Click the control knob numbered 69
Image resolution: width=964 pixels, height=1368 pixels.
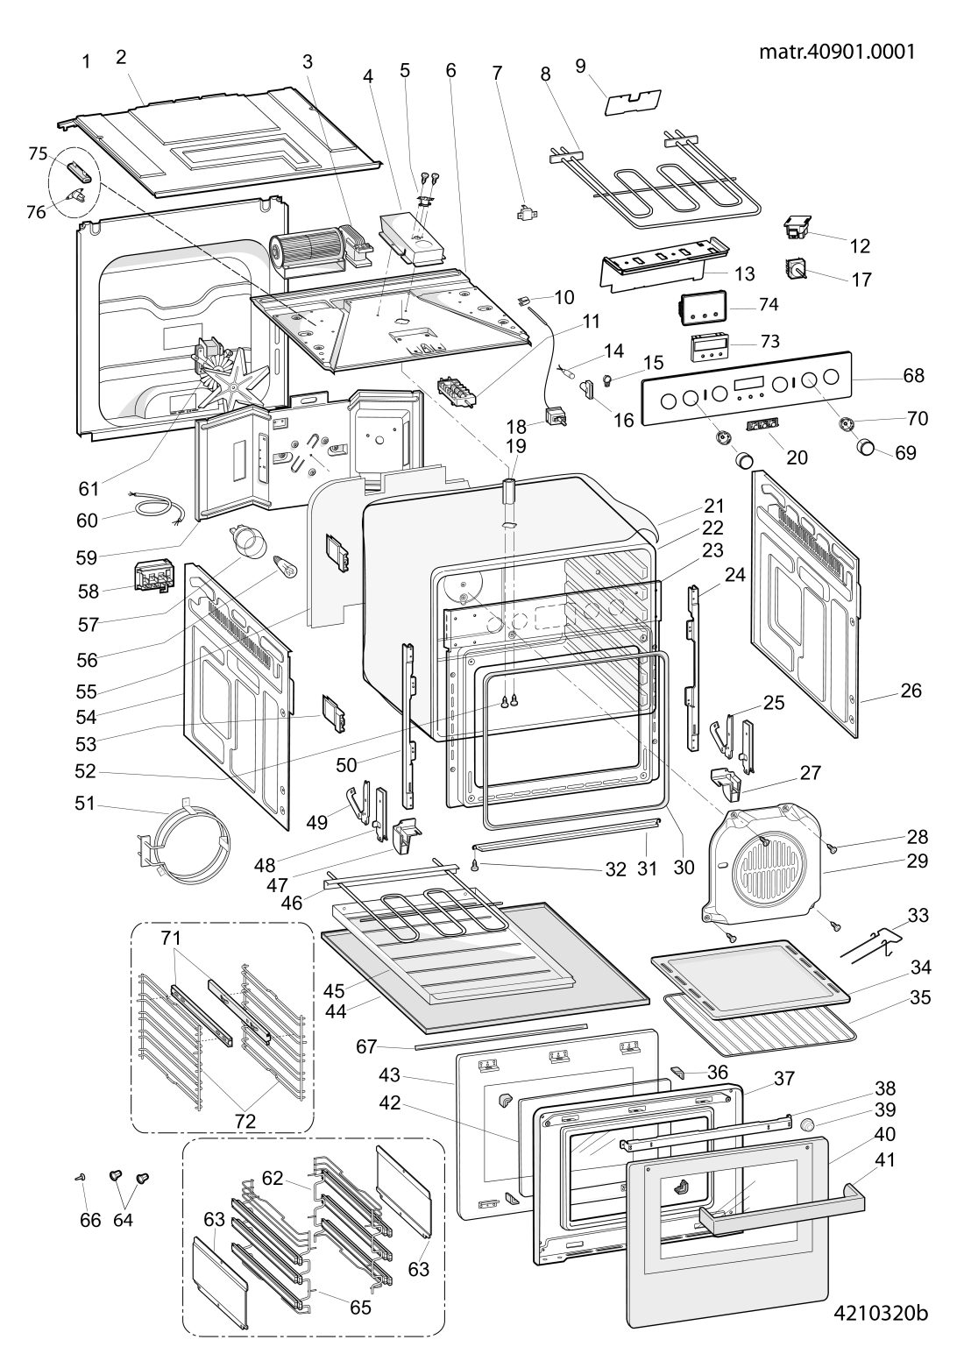[867, 447]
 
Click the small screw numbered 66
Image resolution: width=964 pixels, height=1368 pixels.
[80, 1178]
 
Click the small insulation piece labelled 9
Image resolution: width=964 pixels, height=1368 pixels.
[633, 103]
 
